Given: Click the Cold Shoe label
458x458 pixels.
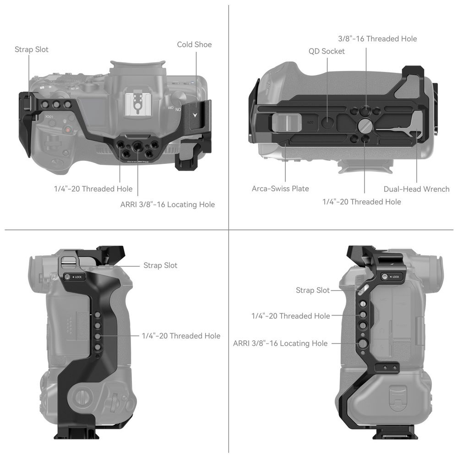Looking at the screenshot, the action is (x=194, y=44).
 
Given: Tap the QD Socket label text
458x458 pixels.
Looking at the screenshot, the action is (x=327, y=51).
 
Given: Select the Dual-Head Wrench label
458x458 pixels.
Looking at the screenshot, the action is (x=416, y=189).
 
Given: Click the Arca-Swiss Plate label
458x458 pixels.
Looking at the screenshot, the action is (x=280, y=188).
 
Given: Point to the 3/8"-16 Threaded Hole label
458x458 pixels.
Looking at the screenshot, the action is (x=377, y=38).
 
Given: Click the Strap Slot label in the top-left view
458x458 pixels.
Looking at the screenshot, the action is (x=32, y=49).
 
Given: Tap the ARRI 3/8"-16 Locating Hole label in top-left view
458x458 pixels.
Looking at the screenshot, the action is (x=167, y=204).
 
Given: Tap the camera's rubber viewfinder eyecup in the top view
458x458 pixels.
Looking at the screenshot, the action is (x=137, y=67).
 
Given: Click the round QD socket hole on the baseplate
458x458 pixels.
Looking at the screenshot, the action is (x=327, y=122).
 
